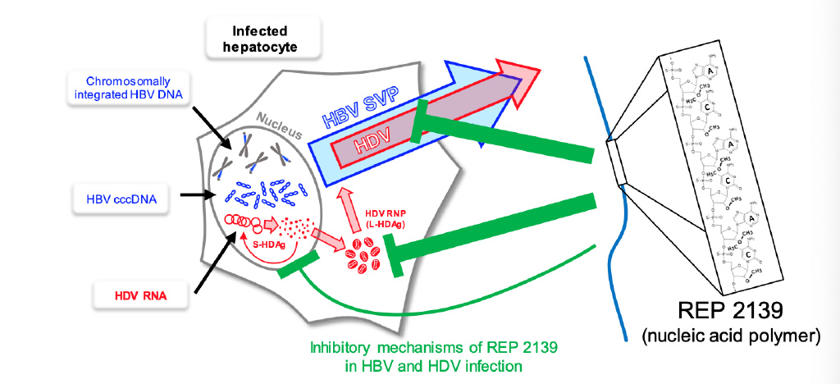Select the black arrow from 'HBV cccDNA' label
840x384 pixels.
point(198,195)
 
